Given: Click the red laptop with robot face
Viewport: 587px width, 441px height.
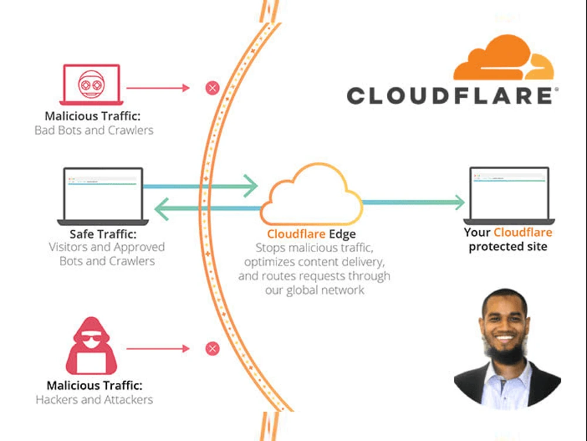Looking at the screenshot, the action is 92,85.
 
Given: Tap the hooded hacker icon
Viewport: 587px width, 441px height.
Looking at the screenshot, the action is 92,346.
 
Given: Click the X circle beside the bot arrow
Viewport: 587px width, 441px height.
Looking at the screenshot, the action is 212,88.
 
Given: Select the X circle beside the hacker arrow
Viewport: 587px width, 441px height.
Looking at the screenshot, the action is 212,349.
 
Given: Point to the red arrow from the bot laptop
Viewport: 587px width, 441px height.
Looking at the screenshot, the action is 158,88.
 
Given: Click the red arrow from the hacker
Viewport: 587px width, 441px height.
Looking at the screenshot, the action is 158,349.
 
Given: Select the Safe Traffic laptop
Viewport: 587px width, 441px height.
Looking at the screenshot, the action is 103,196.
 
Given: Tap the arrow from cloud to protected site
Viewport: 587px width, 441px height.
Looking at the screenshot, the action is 414,202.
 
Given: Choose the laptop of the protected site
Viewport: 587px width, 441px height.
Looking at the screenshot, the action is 509,196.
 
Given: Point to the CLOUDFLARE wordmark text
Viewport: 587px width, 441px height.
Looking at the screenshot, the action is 452,96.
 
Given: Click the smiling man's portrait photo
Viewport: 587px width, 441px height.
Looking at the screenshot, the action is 507,348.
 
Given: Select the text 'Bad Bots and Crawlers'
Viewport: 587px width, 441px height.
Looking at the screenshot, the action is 94,130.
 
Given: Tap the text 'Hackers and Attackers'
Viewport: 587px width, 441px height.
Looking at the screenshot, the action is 95,399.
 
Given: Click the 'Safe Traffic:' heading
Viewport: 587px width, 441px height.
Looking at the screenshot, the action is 103,234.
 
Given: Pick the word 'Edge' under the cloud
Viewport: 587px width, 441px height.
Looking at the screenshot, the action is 342,234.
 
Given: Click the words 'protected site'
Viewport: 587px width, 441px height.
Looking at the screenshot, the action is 508,247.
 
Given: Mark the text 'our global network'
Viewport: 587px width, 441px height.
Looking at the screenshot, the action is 315,290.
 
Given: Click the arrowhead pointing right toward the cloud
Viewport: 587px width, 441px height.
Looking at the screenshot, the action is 251,186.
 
